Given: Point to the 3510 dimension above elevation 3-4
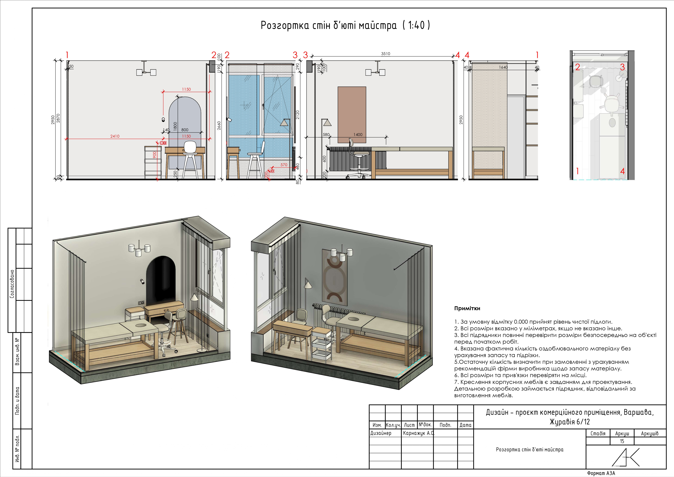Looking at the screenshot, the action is pos(386,54).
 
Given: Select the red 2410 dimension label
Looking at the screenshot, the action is pos(115,136).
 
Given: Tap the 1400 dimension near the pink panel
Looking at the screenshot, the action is pos(358,134).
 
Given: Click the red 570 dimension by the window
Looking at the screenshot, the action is pos(284,165).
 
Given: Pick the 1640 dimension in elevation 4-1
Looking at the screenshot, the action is pos(503,67).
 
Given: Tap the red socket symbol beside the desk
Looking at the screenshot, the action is pos(163,143).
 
